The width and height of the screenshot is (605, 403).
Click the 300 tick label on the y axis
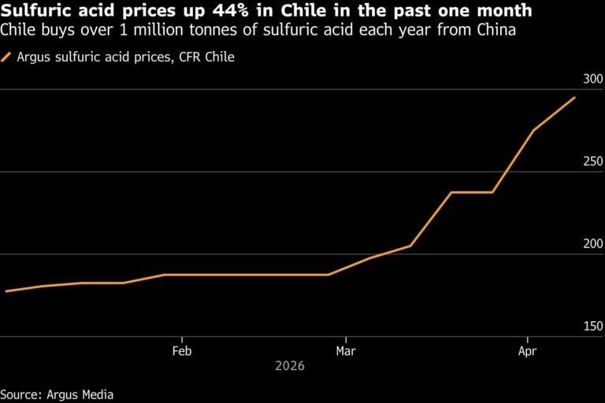tap(592, 79)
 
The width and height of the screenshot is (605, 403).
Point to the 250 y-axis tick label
tap(592, 161)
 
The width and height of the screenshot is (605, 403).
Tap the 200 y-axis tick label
tap(592, 244)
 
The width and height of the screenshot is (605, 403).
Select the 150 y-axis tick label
tap(592, 326)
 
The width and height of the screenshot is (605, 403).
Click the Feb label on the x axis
tap(182, 351)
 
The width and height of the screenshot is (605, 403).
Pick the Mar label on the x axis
tap(344, 351)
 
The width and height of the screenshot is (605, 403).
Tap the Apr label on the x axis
tap(527, 351)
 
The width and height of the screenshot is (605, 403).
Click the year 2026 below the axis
tap(289, 367)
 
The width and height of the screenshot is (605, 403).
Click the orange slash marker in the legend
tap(7, 57)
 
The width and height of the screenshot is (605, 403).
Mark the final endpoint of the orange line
tap(575, 98)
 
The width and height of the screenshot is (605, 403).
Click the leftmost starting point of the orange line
tap(6, 291)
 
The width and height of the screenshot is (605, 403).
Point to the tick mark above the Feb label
tap(182, 339)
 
